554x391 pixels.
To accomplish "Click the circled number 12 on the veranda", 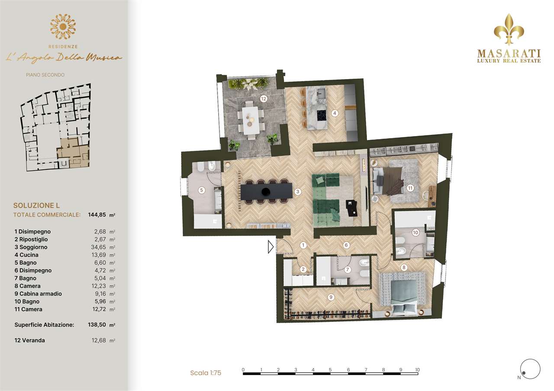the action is [264, 99].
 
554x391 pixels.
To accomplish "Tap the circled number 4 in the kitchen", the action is [335, 113].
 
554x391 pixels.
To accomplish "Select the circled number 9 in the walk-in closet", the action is [331, 297].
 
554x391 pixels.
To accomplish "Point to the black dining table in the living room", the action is [266, 191].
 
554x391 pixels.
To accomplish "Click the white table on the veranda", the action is [251, 120].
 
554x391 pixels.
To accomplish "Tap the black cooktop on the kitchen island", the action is [321, 115].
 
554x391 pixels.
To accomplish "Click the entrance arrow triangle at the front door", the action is [271, 247].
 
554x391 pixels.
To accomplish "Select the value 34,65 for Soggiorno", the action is [98, 247].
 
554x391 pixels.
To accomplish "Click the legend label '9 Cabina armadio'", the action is [38, 294].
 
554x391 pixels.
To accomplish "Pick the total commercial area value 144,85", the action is [97, 215].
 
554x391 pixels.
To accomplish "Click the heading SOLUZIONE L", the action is [36, 205].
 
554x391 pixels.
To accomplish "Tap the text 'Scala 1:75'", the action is [206, 373].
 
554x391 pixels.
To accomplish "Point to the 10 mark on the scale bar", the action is [418, 370].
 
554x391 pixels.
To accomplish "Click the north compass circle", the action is [530, 369].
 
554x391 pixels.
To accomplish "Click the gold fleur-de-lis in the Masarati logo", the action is [509, 29].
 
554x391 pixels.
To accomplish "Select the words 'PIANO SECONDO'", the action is [45, 75].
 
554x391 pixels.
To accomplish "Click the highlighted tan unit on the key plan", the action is [73, 153].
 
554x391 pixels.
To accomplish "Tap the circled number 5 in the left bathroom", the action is [202, 190].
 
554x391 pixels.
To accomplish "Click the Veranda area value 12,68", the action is [99, 340].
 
